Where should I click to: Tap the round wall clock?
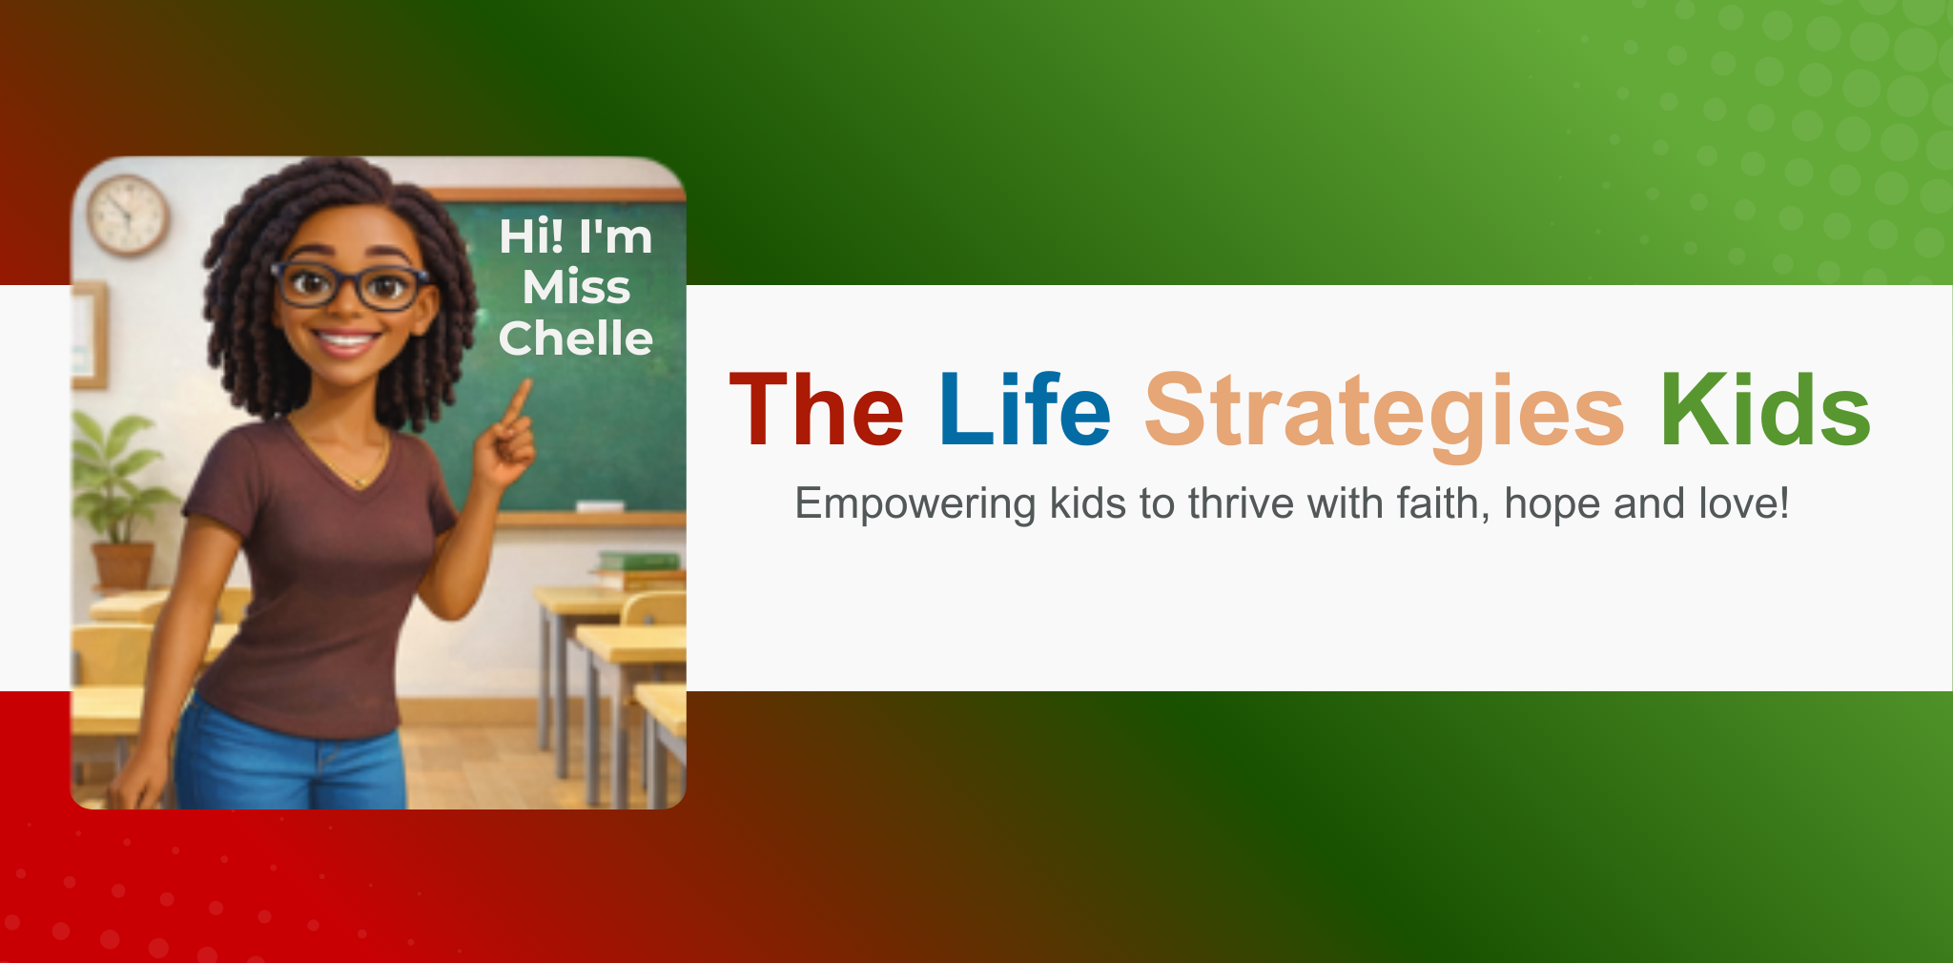pyautogui.click(x=128, y=215)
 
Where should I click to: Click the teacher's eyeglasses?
pyautogui.click(x=350, y=284)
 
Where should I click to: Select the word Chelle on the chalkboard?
pyautogui.click(x=576, y=338)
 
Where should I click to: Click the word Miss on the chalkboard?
pyautogui.click(x=576, y=287)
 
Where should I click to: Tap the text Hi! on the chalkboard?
pyautogui.click(x=531, y=236)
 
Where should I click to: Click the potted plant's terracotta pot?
pyautogui.click(x=122, y=565)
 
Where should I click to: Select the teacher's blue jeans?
pyautogui.click(x=291, y=760)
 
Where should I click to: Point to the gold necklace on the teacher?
pyautogui.click(x=348, y=458)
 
